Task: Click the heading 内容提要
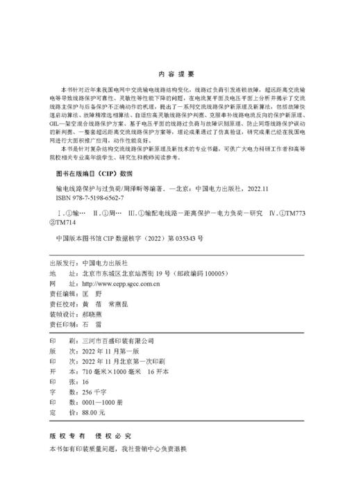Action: pyautogui.click(x=180, y=73)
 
